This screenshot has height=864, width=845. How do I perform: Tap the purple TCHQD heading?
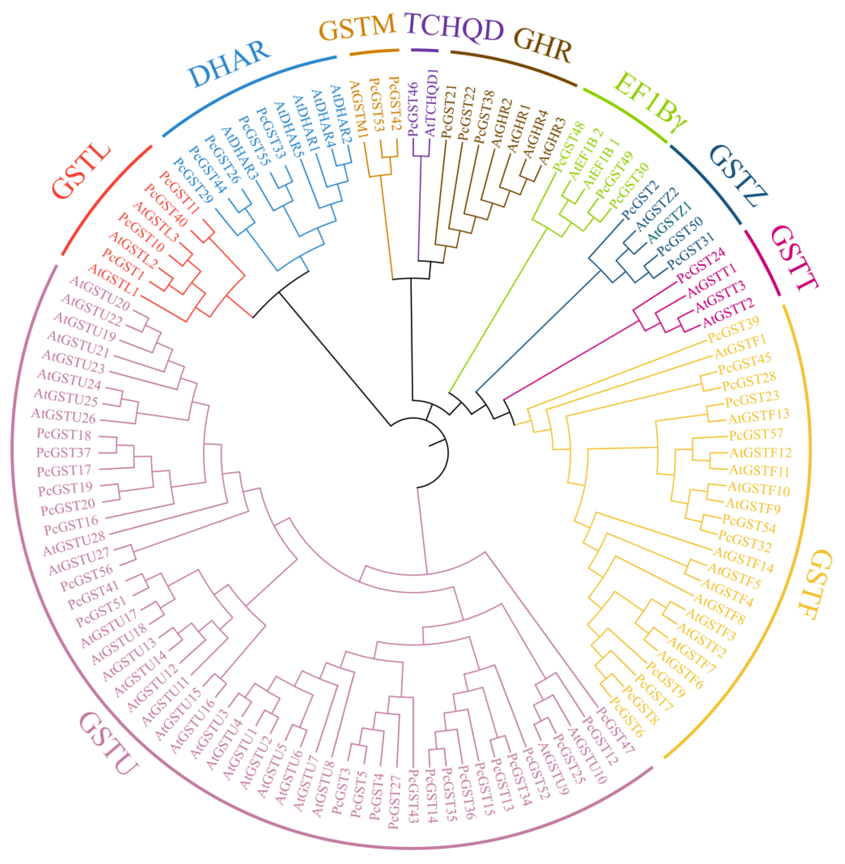tap(455, 28)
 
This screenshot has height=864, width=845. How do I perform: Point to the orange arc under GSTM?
tap(374, 52)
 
